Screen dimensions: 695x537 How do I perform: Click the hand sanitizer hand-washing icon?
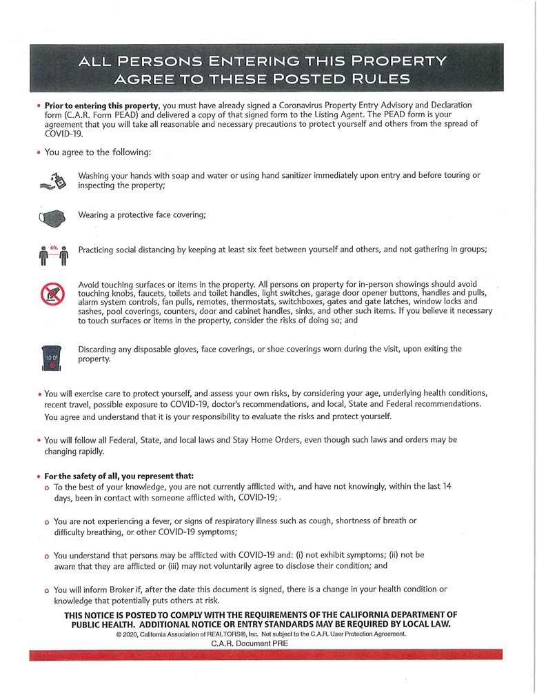point(52,181)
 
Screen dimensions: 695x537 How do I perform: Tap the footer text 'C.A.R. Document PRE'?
point(250,643)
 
